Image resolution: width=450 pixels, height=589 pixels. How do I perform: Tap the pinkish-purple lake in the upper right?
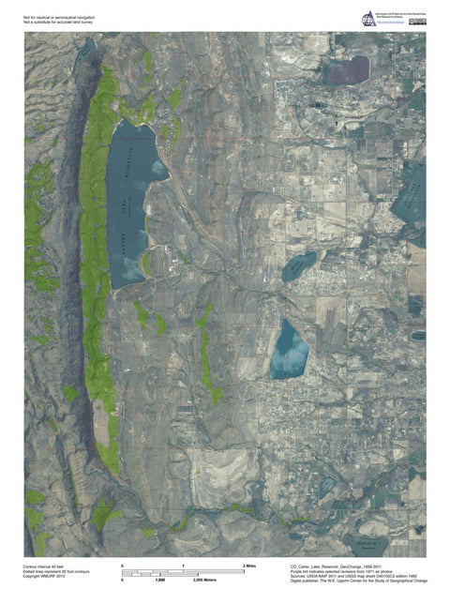tap(348, 68)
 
